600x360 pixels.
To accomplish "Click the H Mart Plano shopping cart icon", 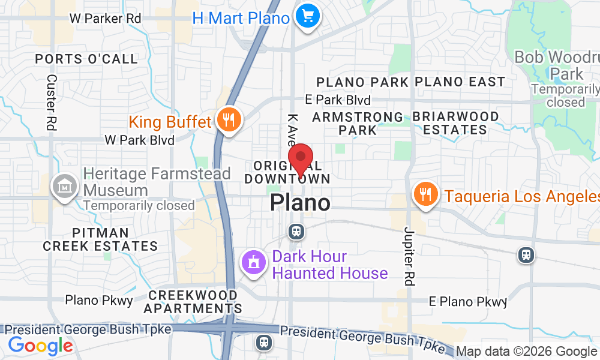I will pos(308,16).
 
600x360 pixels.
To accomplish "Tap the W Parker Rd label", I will pos(105,19).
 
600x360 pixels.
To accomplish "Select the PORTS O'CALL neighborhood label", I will pos(86,59).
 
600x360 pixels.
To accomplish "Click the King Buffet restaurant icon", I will pos(228,120).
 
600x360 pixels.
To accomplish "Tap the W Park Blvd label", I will pos(139,140).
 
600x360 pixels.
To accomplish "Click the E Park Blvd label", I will pos(338,100).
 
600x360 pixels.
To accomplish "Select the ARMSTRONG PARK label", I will pos(358,123).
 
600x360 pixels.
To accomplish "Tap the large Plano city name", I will pos(300,203).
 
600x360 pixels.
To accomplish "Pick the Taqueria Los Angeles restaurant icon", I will pos(425,194).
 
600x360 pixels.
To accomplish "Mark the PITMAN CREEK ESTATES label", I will pos(100,239).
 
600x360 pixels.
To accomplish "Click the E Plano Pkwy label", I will pos(468,301).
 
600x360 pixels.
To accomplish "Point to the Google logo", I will pos(40,346).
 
